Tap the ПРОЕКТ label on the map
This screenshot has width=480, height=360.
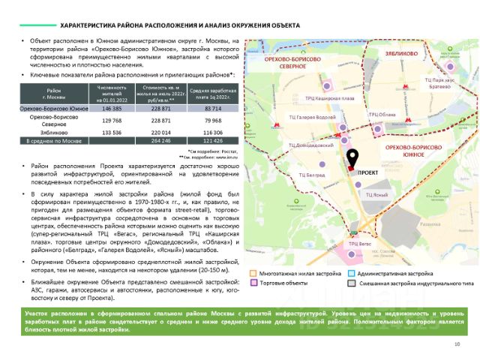[x=367, y=172]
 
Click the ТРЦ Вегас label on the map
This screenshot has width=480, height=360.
[x=360, y=244]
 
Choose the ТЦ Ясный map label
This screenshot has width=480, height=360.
[x=376, y=193]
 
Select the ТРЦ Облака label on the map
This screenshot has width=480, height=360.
[x=382, y=114]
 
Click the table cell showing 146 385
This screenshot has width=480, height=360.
[x=112, y=109]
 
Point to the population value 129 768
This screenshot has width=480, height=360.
[x=112, y=120]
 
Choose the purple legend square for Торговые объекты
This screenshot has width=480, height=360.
[x=254, y=284]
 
